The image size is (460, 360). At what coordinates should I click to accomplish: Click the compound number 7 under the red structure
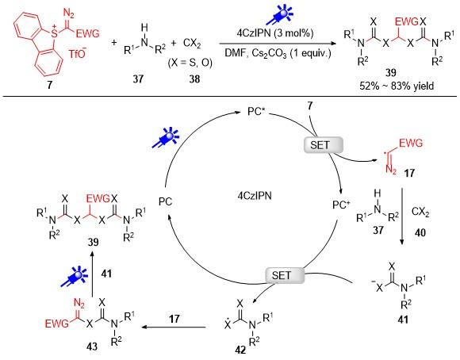pyautogui.click(x=49, y=85)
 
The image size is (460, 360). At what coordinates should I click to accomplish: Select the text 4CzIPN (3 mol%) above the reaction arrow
pyautogui.click(x=275, y=33)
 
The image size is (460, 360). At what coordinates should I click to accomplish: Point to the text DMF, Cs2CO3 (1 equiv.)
pyautogui.click(x=278, y=53)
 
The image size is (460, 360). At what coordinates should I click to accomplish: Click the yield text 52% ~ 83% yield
pyautogui.click(x=397, y=86)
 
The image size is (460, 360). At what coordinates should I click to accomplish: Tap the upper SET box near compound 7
pyautogui.click(x=323, y=145)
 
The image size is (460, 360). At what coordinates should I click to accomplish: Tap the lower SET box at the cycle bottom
pyautogui.click(x=285, y=275)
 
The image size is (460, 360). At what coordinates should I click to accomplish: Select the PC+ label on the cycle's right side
pyautogui.click(x=341, y=205)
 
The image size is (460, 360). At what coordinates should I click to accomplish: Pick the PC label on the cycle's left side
pyautogui.click(x=165, y=201)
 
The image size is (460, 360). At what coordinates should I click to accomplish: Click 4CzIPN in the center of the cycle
pyautogui.click(x=255, y=196)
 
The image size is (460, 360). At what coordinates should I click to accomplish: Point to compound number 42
pyautogui.click(x=240, y=350)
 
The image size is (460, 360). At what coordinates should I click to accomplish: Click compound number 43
pyautogui.click(x=91, y=347)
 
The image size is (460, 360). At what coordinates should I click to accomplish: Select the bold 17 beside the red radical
pyautogui.click(x=409, y=173)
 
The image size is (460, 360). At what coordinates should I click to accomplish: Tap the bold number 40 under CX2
pyautogui.click(x=420, y=232)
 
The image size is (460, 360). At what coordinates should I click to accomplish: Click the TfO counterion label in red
pyautogui.click(x=78, y=53)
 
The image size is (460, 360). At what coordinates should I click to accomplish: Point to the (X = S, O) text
pyautogui.click(x=190, y=63)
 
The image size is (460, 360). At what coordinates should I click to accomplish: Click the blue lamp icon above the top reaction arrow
pyautogui.click(x=279, y=14)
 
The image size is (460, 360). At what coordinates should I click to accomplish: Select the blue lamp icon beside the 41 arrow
pyautogui.click(x=74, y=278)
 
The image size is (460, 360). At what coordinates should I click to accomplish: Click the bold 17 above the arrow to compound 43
pyautogui.click(x=174, y=318)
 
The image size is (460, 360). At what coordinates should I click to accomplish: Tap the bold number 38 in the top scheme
pyautogui.click(x=194, y=79)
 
